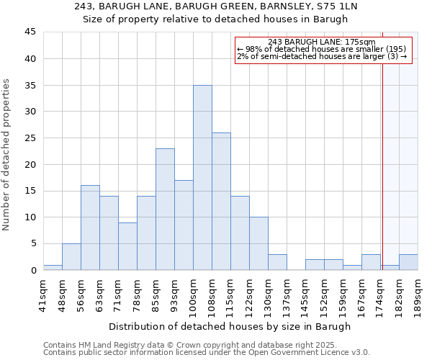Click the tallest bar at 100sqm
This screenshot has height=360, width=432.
202,177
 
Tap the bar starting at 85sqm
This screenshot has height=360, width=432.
165,209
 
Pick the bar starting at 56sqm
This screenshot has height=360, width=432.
90,228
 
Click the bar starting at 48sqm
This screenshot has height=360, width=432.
71,256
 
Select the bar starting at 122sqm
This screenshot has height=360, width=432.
258,243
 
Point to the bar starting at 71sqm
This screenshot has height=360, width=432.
127,246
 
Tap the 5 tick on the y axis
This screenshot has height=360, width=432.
33,243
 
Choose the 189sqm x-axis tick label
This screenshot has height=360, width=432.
418,294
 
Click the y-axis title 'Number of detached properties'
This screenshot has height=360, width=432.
7,155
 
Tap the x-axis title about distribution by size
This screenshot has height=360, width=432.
230,326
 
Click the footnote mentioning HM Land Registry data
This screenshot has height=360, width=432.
205,345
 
